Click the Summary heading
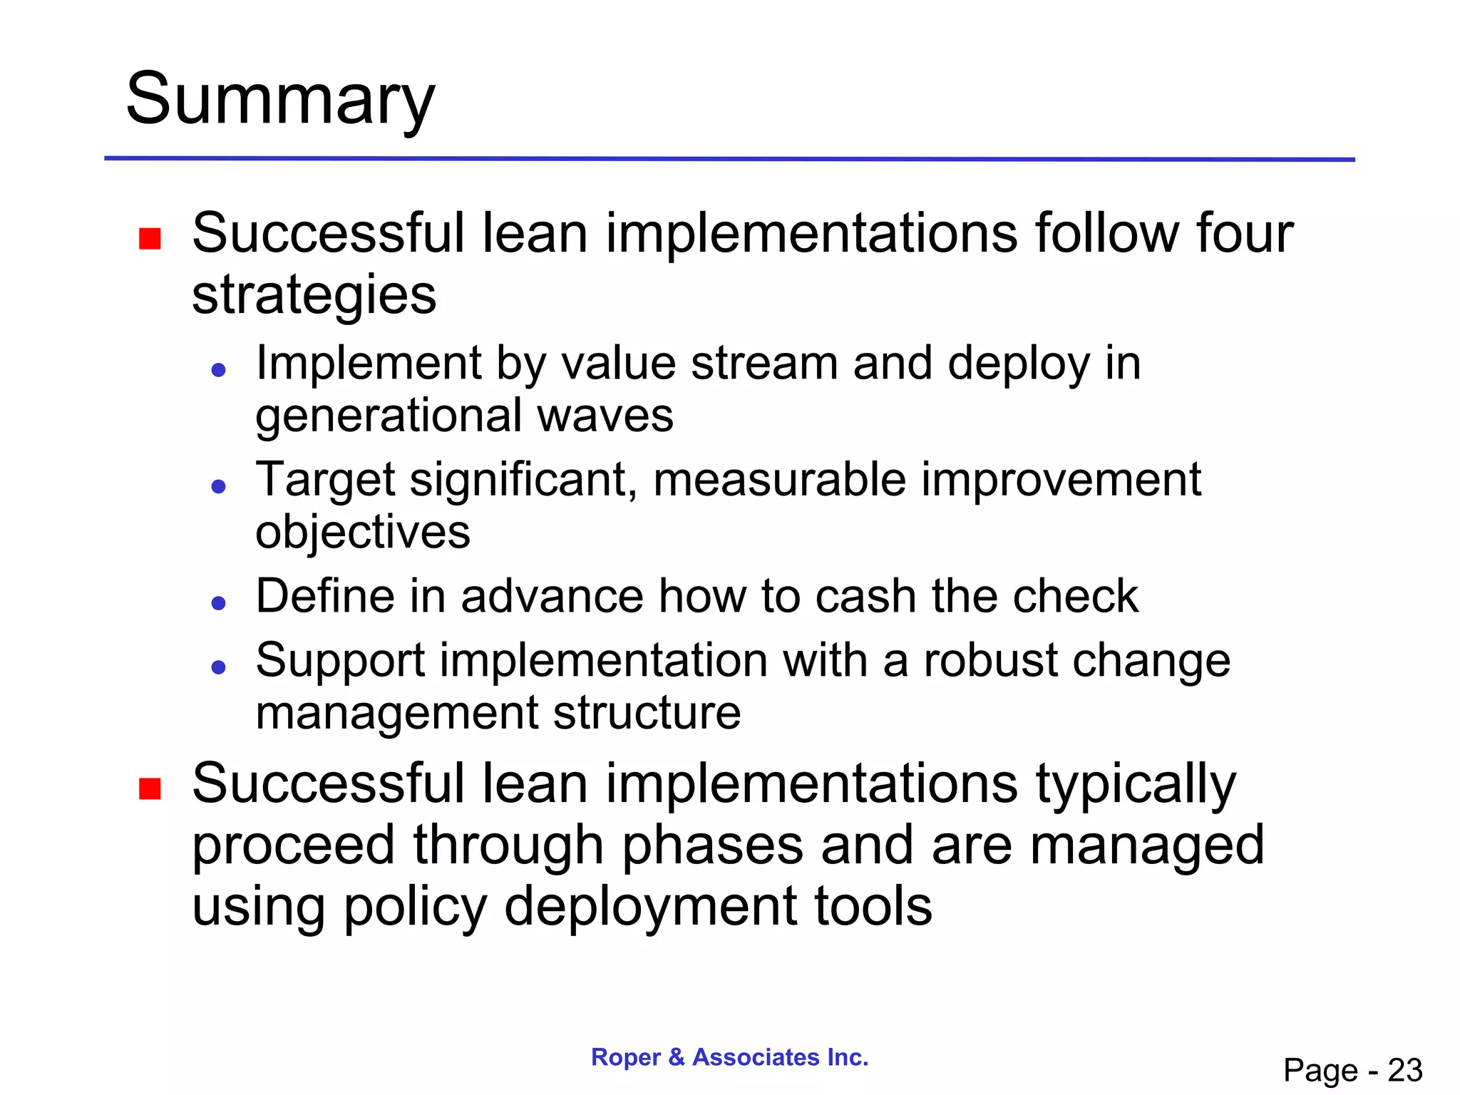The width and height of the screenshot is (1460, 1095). point(279,100)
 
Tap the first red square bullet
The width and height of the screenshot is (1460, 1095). point(150,238)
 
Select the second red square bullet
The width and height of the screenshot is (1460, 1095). point(150,789)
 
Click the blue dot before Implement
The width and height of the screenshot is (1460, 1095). point(219,369)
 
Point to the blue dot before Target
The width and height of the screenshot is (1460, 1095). point(219,486)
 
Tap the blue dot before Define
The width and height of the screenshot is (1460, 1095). point(219,603)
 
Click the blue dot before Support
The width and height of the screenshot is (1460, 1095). point(219,667)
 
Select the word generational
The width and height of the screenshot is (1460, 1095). point(389,416)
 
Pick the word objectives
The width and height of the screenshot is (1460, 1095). point(363,533)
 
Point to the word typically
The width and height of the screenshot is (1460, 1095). point(1136,784)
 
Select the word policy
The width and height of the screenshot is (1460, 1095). point(416,908)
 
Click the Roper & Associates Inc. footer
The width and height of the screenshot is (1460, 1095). point(729,1057)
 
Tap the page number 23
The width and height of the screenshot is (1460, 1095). point(1404,1070)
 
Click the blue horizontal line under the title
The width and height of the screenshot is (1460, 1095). point(729,159)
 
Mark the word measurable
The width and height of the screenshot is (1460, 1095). point(779,479)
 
